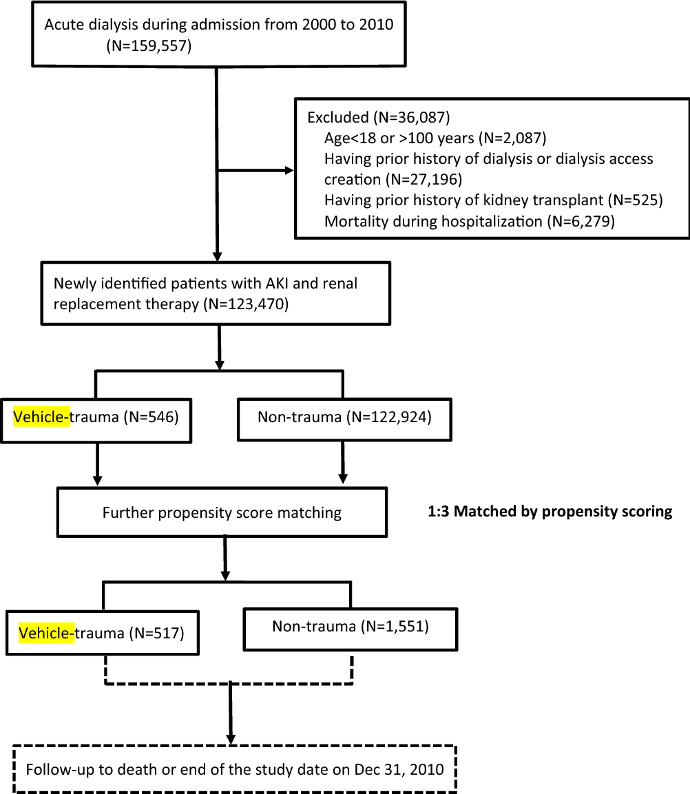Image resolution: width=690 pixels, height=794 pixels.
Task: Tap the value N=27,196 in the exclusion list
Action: [428, 180]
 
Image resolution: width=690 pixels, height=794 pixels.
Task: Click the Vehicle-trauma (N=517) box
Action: [101, 632]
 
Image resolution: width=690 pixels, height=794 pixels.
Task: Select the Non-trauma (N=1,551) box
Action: [350, 627]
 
